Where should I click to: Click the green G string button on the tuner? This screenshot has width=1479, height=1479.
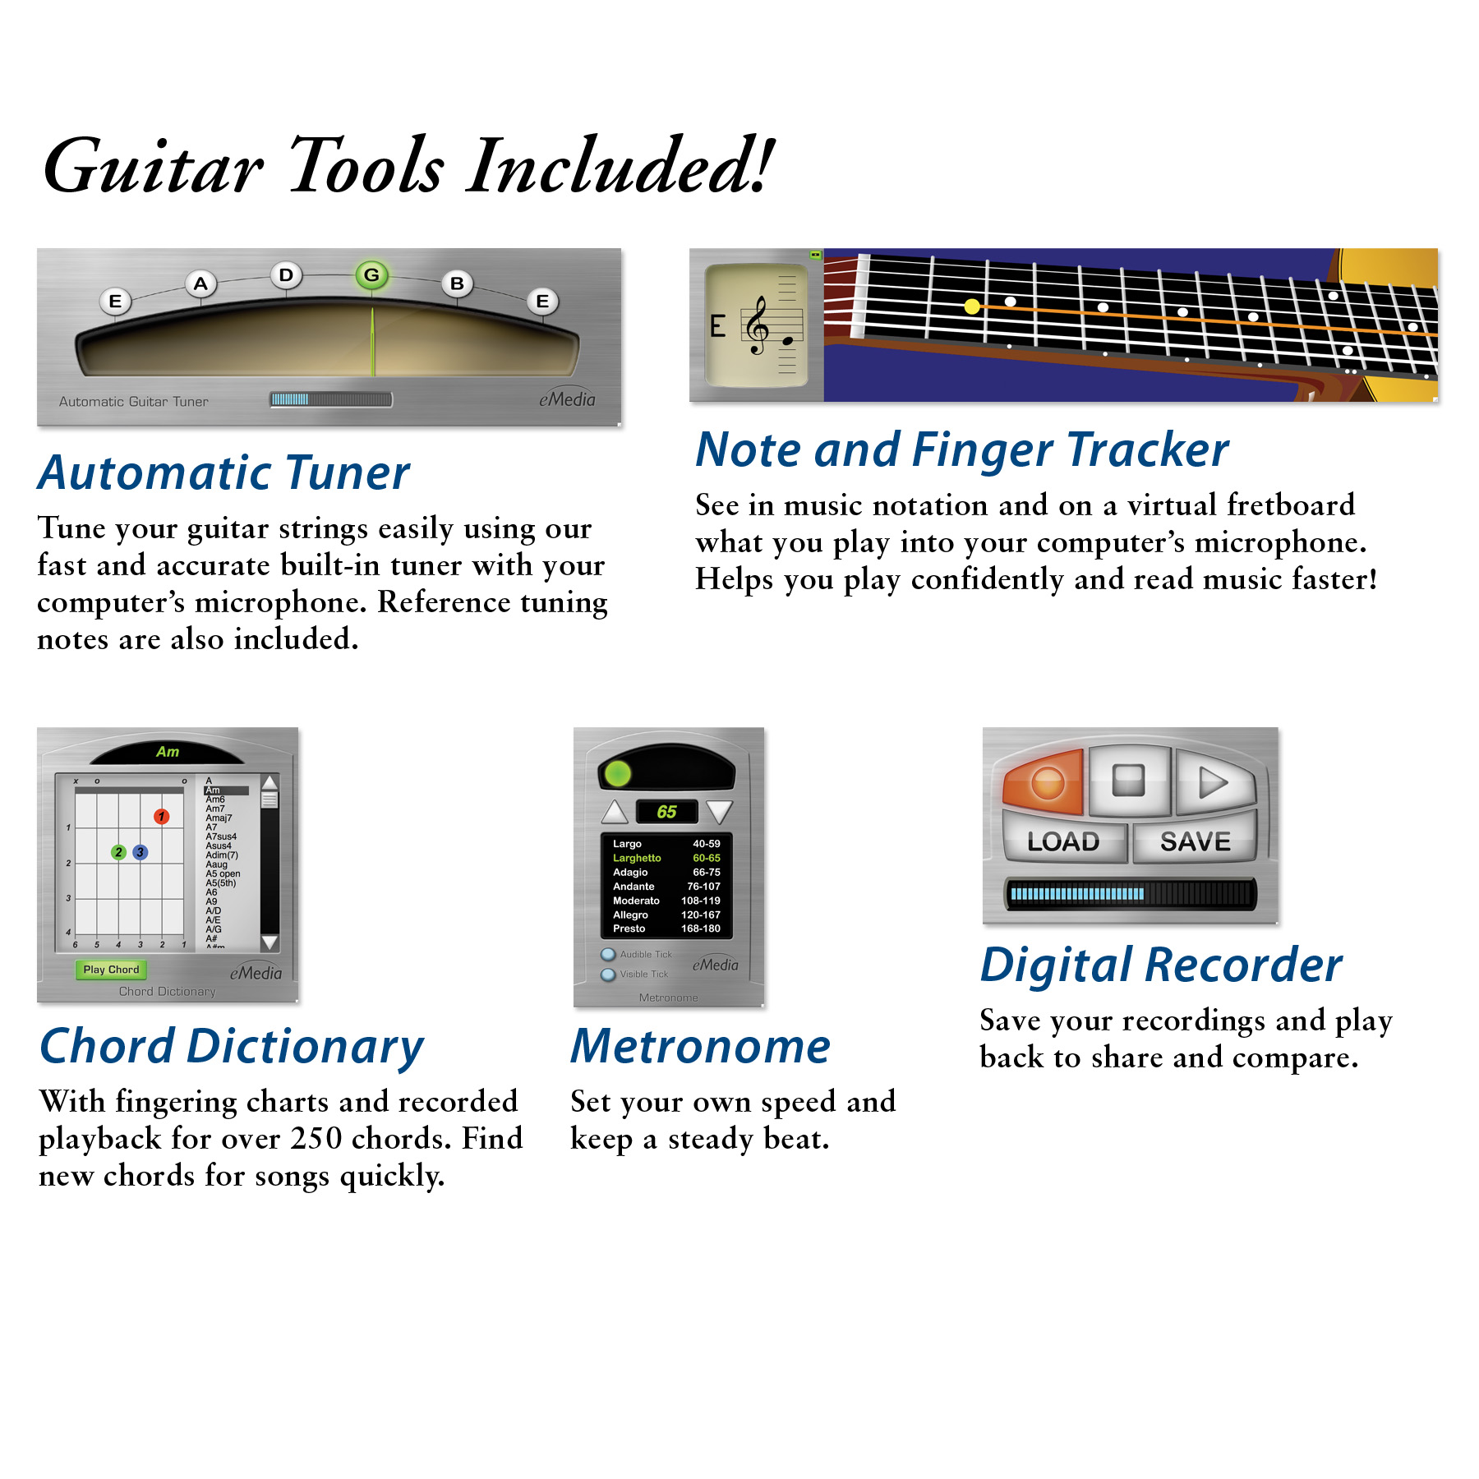point(371,275)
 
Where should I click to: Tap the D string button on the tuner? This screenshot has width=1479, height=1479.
point(286,275)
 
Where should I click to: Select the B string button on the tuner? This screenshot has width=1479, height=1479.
point(457,284)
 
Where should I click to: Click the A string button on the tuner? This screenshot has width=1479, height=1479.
point(200,284)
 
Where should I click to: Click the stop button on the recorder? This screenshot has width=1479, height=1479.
point(1128,781)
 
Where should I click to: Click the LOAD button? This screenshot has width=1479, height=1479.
point(1063,841)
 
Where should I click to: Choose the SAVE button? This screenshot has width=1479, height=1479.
point(1195,841)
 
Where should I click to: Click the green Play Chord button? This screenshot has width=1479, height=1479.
point(111,970)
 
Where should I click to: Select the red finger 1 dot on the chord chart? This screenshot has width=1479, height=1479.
point(162,817)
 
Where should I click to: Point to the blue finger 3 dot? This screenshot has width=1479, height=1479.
point(141,852)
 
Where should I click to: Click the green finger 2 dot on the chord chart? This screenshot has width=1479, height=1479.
point(119,852)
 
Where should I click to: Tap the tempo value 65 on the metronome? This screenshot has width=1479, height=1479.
point(666,812)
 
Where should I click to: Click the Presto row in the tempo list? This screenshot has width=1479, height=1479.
point(666,928)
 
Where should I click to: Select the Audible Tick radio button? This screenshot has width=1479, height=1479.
point(608,955)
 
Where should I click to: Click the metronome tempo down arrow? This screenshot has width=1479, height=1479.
point(719,812)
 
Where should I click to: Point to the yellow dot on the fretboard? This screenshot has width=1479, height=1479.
point(972,306)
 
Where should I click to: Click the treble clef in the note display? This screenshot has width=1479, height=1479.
point(756,325)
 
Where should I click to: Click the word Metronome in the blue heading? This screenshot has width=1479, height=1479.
point(701,1047)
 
